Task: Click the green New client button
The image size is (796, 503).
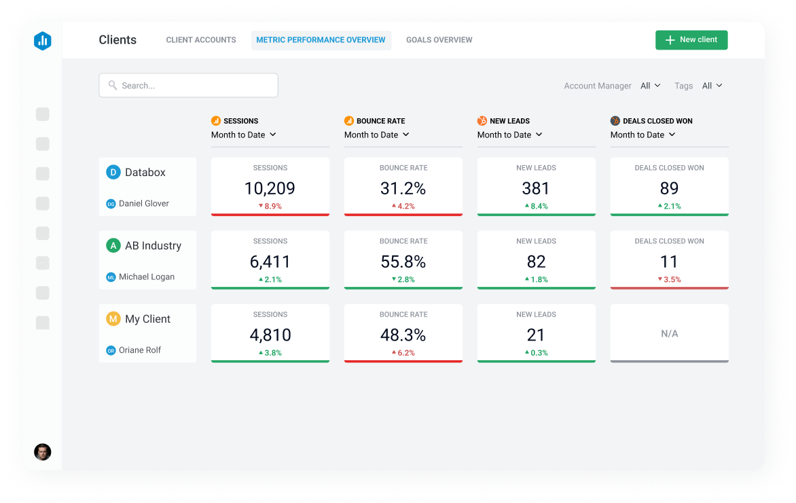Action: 691,40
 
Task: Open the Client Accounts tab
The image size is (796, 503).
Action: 201,40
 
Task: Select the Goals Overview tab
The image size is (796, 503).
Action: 439,40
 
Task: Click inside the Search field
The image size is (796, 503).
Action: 188,86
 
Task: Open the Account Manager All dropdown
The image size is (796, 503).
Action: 650,86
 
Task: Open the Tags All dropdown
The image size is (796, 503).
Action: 712,86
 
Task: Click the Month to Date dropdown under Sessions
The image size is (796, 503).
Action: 243,135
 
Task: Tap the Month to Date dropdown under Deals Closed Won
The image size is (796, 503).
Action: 643,135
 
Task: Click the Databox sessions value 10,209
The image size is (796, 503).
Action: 270,188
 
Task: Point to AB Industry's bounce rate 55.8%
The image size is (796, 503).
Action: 403,262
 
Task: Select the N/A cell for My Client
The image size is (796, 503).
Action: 669,334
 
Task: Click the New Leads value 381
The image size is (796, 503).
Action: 536,188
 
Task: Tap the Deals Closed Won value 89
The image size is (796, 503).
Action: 669,188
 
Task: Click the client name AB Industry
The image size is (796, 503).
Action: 153,245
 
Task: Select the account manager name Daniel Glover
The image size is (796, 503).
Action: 143,203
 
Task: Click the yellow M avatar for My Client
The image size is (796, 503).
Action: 113,319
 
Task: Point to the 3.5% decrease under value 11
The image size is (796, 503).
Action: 669,279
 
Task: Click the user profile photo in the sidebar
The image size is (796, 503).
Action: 43,452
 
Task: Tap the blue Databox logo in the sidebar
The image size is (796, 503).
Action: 43,41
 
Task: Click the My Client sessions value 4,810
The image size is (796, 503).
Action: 270,335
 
